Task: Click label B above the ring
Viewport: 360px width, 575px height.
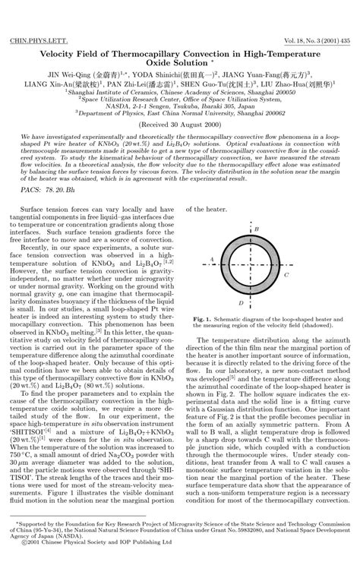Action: coord(258,228)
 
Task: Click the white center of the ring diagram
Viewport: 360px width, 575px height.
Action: coord(260,266)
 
